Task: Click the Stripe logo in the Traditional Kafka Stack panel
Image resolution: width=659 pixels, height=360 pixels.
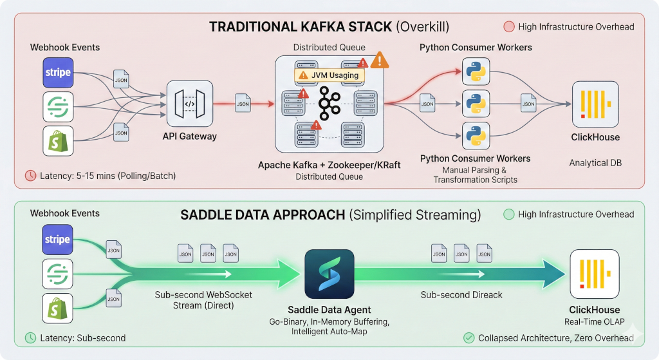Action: click(59, 72)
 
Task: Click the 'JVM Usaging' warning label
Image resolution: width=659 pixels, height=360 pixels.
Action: click(328, 75)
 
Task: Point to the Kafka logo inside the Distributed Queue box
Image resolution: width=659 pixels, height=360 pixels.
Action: click(329, 101)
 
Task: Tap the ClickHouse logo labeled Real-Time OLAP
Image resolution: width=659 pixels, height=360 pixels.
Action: click(594, 275)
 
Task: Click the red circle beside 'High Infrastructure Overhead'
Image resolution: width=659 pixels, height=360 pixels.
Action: click(508, 27)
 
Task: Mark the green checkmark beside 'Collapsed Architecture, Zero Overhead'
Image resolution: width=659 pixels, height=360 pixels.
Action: click(469, 338)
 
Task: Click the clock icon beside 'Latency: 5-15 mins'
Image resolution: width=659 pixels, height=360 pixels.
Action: click(30, 175)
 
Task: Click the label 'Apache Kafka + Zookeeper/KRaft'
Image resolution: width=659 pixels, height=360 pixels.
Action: click(329, 165)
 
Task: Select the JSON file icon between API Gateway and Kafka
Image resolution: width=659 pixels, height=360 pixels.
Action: click(243, 103)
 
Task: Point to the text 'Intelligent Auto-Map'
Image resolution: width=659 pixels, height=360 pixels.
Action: click(329, 332)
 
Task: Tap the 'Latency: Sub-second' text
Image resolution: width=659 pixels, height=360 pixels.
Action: click(83, 338)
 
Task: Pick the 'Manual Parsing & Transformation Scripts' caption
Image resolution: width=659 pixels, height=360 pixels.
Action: click(476, 175)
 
